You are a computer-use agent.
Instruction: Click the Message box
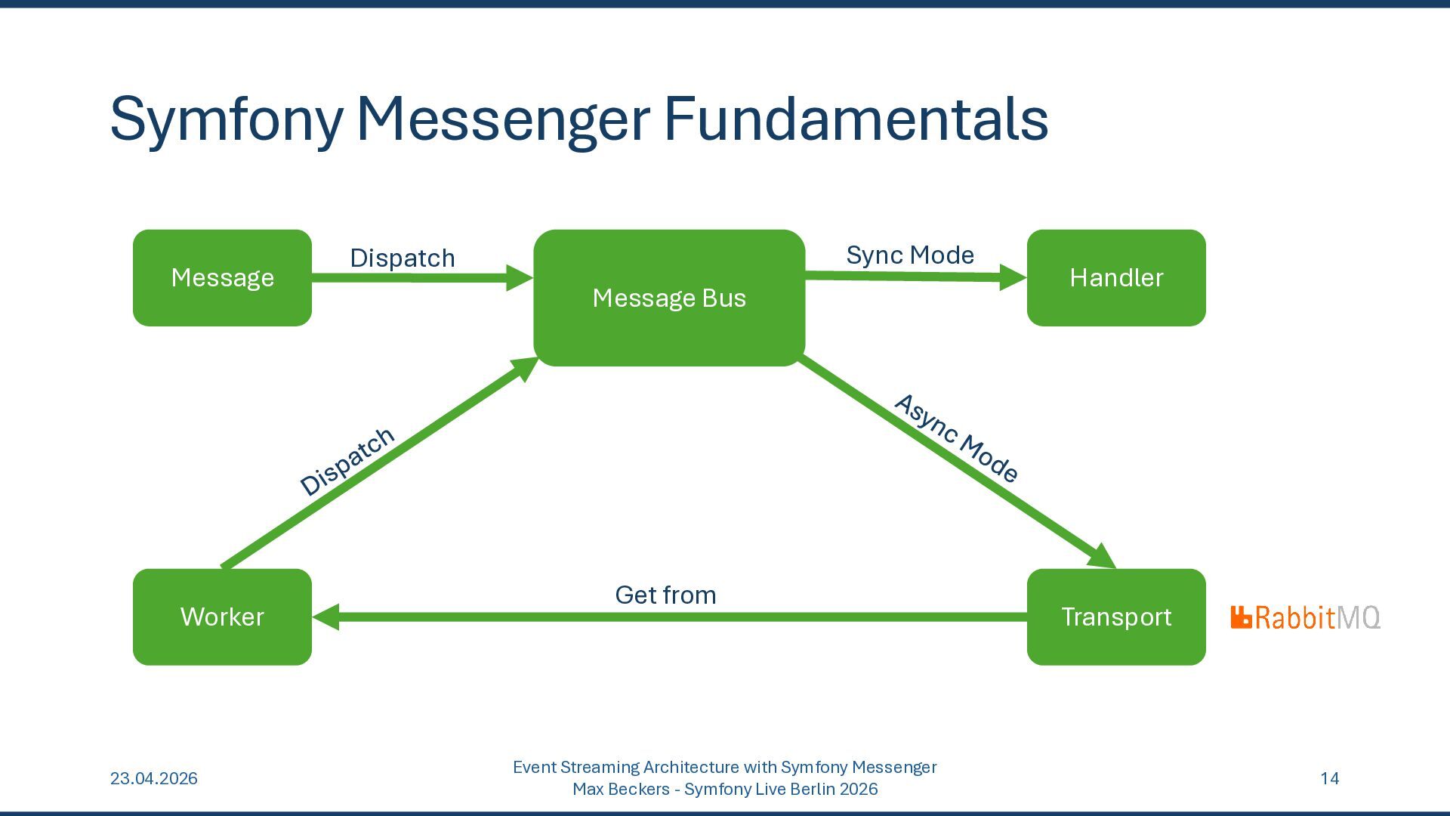pyautogui.click(x=222, y=278)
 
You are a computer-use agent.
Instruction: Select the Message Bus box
pyautogui.click(x=669, y=298)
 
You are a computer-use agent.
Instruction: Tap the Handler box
pyautogui.click(x=1116, y=278)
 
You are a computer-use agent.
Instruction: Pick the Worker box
pyautogui.click(x=222, y=617)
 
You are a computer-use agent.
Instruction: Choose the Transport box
pyautogui.click(x=1116, y=617)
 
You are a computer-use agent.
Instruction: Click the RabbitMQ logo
pyautogui.click(x=1306, y=617)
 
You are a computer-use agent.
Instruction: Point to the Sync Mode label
pyautogui.click(x=910, y=255)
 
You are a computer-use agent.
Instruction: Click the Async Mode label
pyautogui.click(x=956, y=438)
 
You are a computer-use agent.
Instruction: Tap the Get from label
pyautogui.click(x=665, y=595)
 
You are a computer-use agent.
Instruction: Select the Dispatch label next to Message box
pyautogui.click(x=403, y=258)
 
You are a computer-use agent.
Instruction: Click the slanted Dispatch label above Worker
pyautogui.click(x=347, y=461)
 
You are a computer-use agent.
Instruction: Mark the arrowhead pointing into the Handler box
pyautogui.click(x=1013, y=277)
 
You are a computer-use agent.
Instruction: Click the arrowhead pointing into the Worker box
pyautogui.click(x=325, y=617)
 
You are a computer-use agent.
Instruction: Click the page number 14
pyautogui.click(x=1330, y=778)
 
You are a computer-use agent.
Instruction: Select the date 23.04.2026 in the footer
pyautogui.click(x=154, y=778)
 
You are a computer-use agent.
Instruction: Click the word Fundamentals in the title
pyautogui.click(x=856, y=119)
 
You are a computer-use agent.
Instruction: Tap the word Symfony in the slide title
pyautogui.click(x=227, y=121)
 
